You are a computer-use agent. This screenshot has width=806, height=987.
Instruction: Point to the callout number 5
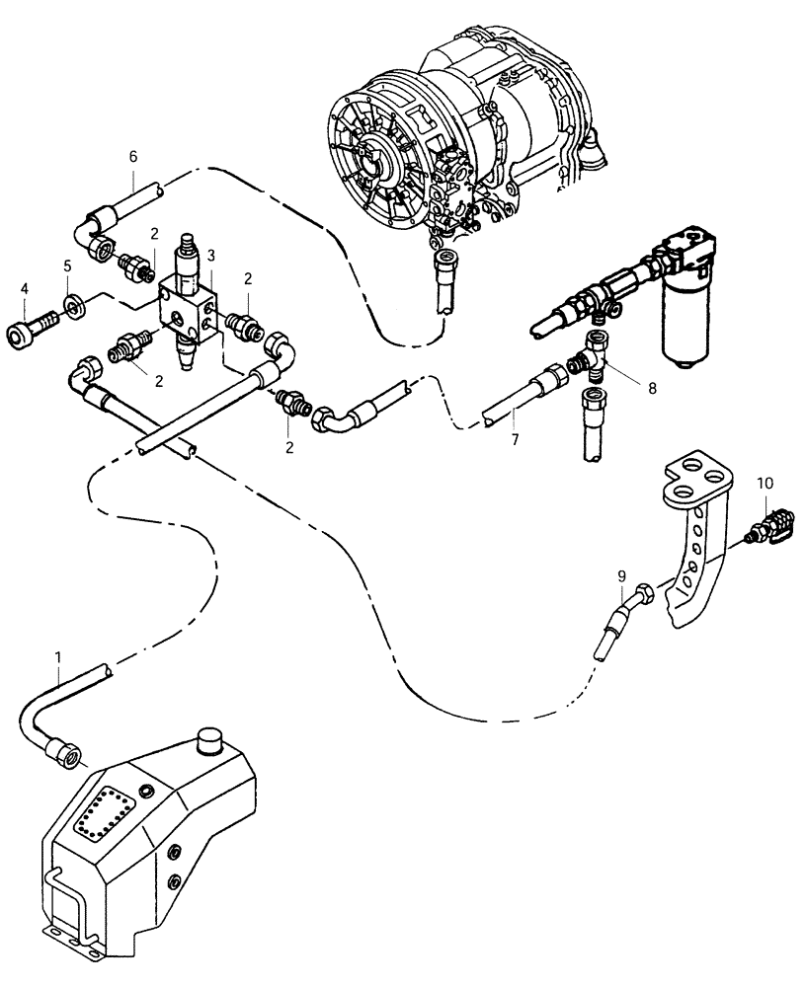[x=67, y=266]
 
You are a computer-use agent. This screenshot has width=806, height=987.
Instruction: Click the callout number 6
[x=134, y=156]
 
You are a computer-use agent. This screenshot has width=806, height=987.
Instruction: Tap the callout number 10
[x=766, y=483]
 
